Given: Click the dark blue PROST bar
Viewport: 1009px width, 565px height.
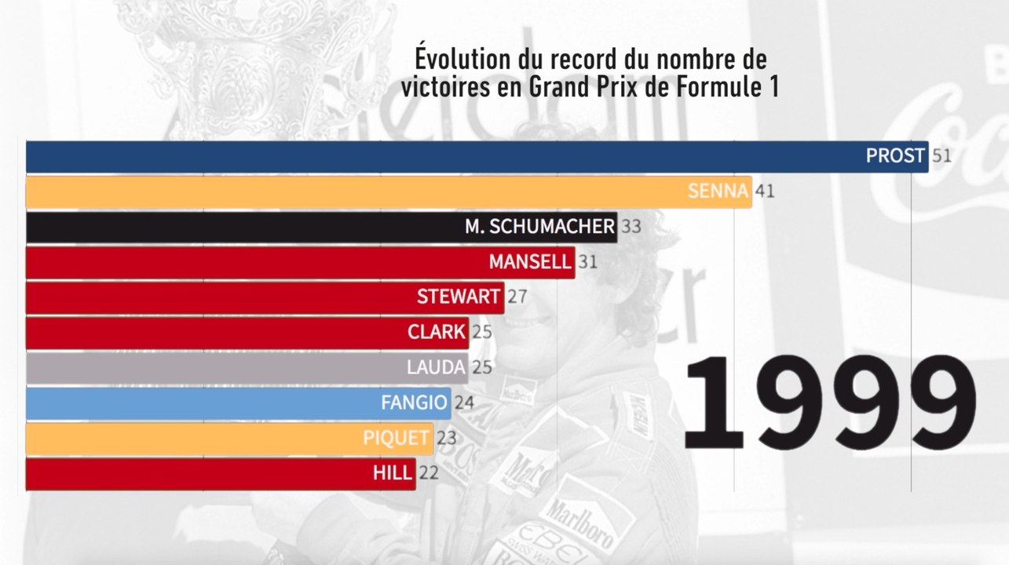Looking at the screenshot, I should (471, 156).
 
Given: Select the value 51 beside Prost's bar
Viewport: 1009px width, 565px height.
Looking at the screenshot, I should (941, 156).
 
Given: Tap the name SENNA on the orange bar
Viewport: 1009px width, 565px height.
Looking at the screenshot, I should (717, 191).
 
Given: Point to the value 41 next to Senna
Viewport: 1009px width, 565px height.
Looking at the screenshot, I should (765, 191).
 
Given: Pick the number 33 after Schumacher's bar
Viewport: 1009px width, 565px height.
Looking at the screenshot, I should (631, 227).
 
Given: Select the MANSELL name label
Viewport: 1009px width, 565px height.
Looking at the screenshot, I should (530, 261).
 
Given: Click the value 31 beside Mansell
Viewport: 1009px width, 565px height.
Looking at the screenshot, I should (587, 261).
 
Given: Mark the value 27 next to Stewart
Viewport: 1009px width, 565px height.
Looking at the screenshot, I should (517, 297).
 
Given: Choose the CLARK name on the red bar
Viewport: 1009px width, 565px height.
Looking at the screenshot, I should (437, 332).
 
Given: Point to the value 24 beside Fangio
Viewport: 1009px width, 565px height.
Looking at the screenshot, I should (464, 403).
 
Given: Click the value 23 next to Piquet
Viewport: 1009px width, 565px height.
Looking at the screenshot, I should (447, 438).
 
